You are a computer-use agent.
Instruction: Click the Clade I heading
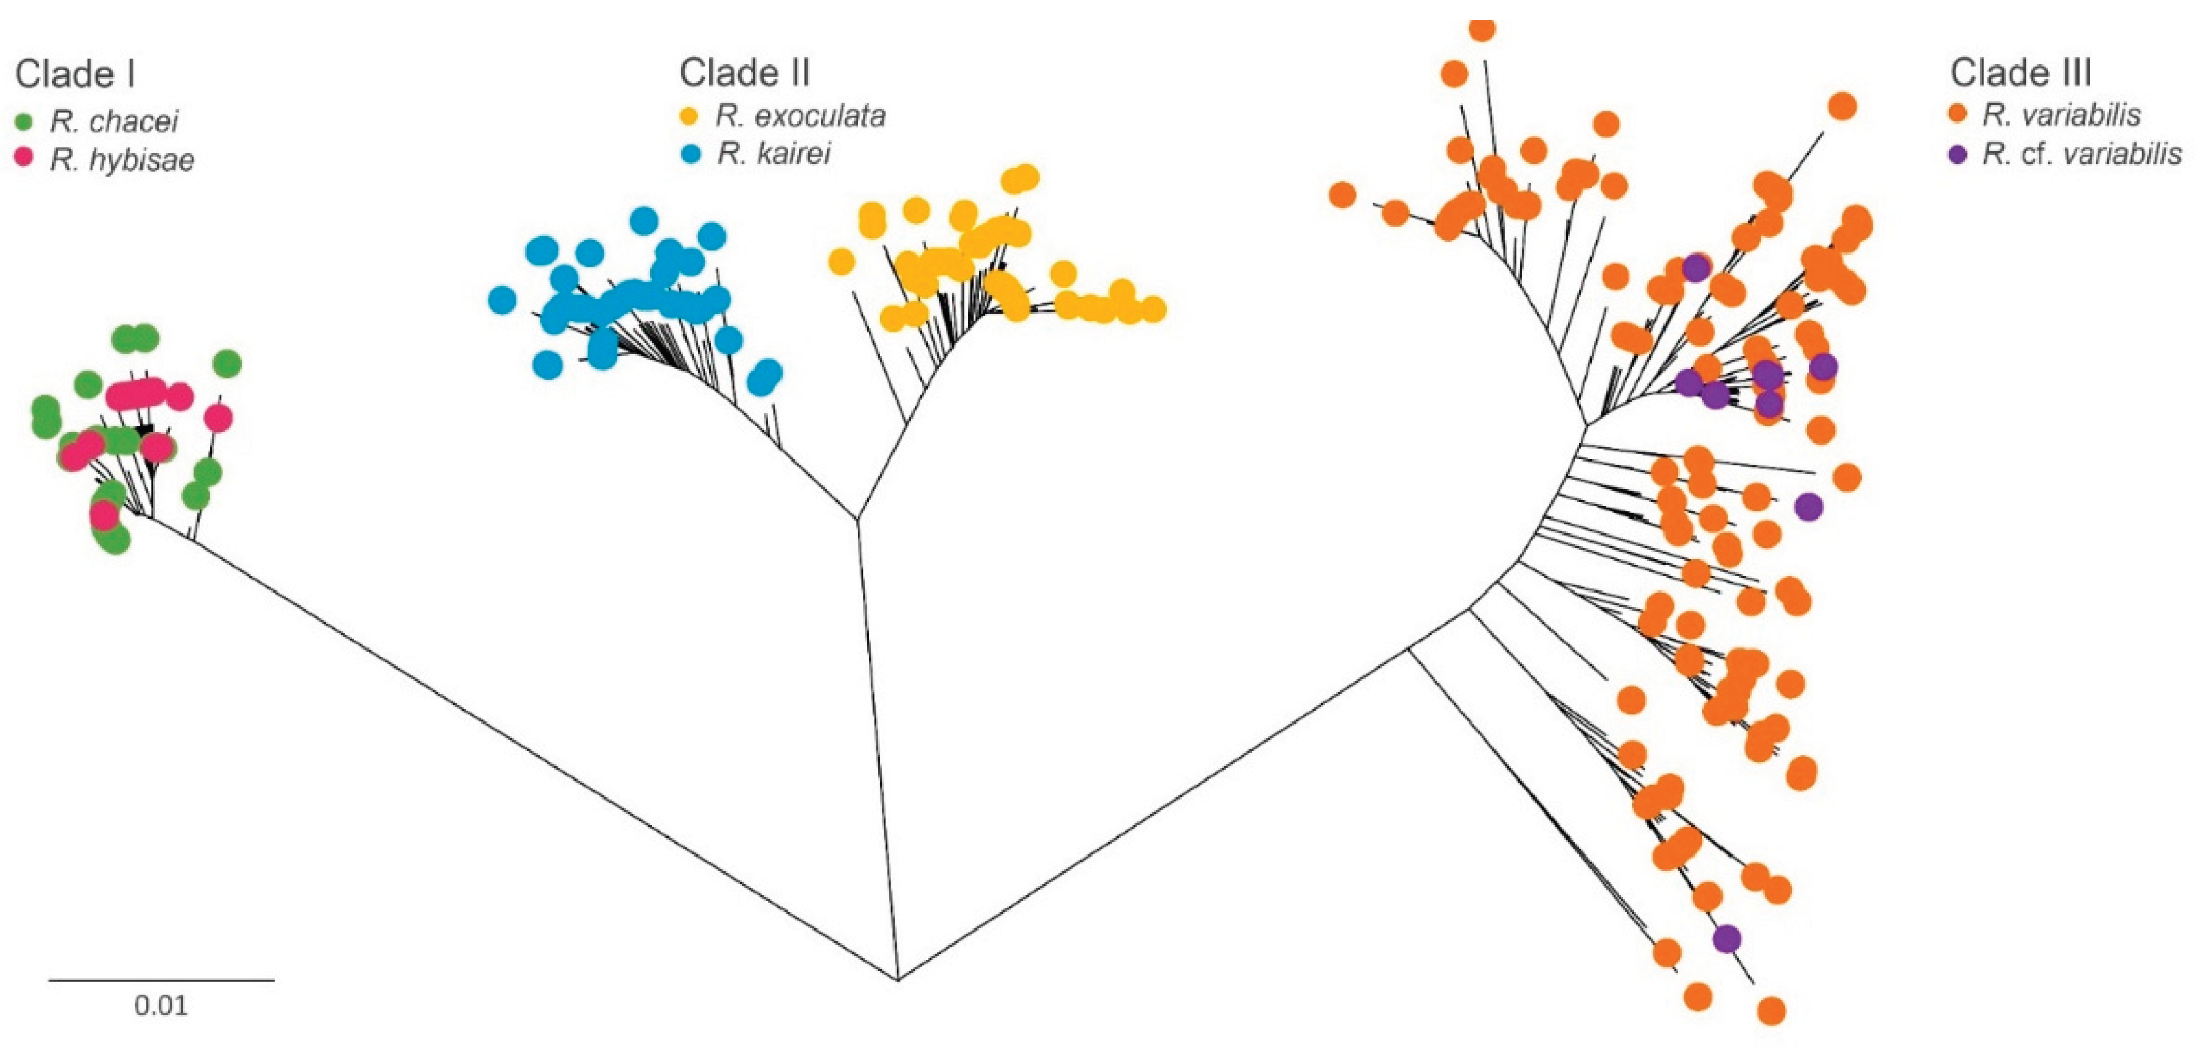pyautogui.click(x=75, y=75)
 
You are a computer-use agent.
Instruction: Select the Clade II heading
pyautogui.click(x=745, y=73)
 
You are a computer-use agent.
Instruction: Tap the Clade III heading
pyautogui.click(x=2020, y=73)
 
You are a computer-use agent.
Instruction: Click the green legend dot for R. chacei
pyautogui.click(x=24, y=122)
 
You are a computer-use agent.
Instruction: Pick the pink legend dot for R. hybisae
pyautogui.click(x=24, y=159)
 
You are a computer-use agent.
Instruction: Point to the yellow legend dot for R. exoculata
pyautogui.click(x=690, y=115)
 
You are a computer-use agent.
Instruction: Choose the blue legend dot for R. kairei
pyautogui.click(x=690, y=154)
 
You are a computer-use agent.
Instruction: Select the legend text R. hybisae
pyautogui.click(x=122, y=159)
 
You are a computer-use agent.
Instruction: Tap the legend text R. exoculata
pyautogui.click(x=801, y=115)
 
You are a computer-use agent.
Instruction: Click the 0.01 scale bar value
pyautogui.click(x=161, y=1006)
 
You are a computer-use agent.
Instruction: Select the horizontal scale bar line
pyautogui.click(x=161, y=980)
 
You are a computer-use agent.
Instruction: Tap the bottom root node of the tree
pyautogui.click(x=897, y=979)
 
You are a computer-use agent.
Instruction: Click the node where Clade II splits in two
pyautogui.click(x=857, y=517)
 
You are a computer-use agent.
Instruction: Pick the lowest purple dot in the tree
pyautogui.click(x=1727, y=939)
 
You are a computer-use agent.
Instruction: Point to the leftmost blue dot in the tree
pyautogui.click(x=502, y=300)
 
